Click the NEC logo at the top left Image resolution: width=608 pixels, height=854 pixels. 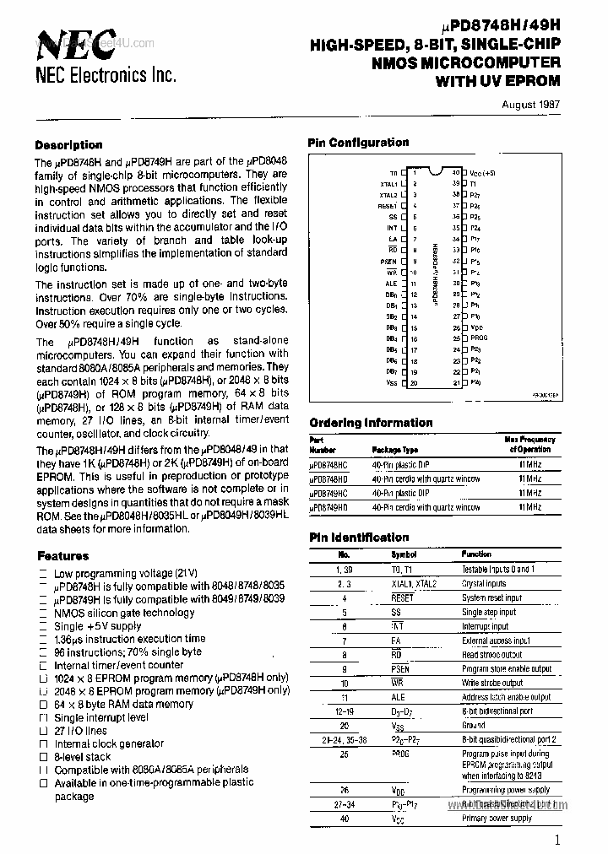pyautogui.click(x=76, y=42)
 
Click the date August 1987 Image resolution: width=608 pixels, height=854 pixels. pyautogui.click(x=530, y=105)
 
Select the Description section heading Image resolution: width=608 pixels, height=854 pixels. pyautogui.click(x=68, y=145)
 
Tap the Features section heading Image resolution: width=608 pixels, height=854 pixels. pyautogui.click(x=62, y=556)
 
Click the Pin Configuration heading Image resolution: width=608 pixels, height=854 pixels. pyautogui.click(x=358, y=143)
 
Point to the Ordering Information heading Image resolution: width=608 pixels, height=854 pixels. pyautogui.click(x=371, y=423)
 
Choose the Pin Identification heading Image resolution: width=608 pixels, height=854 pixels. pyautogui.click(x=358, y=538)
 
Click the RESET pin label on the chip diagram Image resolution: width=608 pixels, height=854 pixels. pyautogui.click(x=388, y=205)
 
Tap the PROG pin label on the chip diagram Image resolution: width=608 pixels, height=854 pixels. pyautogui.click(x=479, y=338)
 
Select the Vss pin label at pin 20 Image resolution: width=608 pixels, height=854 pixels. pyautogui.click(x=391, y=383)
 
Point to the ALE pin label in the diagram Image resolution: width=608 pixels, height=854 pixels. pyautogui.click(x=391, y=284)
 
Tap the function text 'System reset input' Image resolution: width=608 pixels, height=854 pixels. pyautogui.click(x=491, y=598)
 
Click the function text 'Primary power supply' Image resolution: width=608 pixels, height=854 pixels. pyautogui.click(x=497, y=819)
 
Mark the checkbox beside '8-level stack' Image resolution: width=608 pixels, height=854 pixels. pyautogui.click(x=43, y=757)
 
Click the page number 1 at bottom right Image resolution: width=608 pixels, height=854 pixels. pyautogui.click(x=557, y=839)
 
